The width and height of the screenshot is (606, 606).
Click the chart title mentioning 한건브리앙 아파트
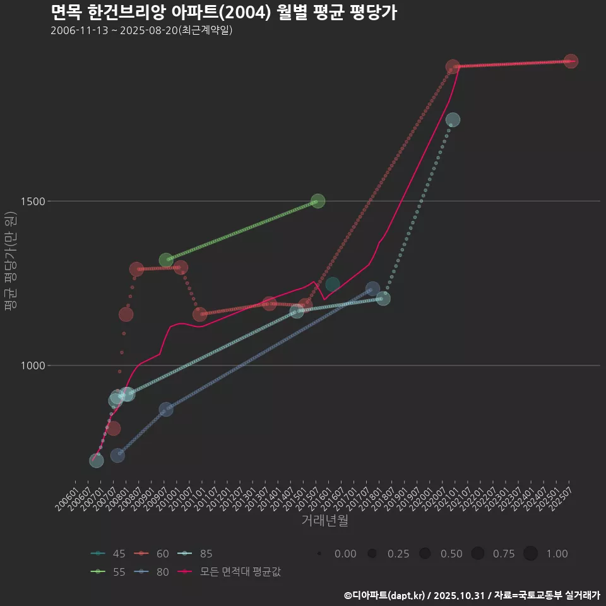(x=223, y=13)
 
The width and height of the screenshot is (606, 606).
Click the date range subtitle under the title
(x=141, y=30)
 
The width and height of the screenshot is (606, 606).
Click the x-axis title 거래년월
(x=325, y=520)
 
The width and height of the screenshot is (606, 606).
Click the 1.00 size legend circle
(x=530, y=554)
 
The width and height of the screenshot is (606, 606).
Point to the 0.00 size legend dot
(x=319, y=554)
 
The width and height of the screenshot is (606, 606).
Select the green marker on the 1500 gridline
(x=318, y=201)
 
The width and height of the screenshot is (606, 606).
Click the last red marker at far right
(x=571, y=61)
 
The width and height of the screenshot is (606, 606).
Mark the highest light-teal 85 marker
(x=453, y=120)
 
